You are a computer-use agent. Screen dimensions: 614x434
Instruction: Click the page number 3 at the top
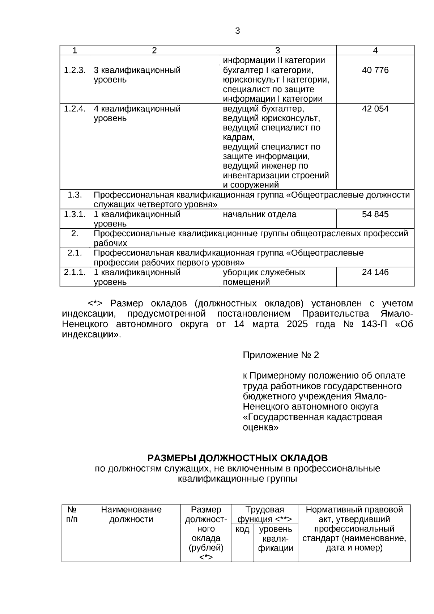point(237,31)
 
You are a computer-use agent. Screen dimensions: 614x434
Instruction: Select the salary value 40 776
point(375,70)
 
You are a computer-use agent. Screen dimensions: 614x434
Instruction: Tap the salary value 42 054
point(375,109)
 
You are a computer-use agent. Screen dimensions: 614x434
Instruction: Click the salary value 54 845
point(375,214)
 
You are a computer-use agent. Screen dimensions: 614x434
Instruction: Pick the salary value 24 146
point(375,272)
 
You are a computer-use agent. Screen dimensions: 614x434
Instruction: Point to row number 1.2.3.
point(75,70)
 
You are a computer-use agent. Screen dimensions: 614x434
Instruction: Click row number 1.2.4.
point(75,109)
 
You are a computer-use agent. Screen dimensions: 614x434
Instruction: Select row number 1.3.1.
point(75,214)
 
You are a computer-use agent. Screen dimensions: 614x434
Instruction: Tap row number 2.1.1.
point(75,272)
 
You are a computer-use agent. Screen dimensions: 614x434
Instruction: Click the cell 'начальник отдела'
point(259,214)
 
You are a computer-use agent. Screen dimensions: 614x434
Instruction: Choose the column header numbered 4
point(375,51)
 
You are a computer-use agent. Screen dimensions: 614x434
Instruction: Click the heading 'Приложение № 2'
point(281,355)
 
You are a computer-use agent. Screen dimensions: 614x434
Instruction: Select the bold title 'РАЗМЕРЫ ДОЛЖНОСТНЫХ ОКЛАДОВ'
point(237,458)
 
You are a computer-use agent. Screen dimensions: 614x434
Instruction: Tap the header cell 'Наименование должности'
point(131,515)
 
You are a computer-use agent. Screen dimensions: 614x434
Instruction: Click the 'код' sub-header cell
point(242,530)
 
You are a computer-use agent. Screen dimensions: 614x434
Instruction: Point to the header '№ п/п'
point(72,515)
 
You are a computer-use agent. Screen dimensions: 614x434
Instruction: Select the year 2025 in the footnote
point(297,324)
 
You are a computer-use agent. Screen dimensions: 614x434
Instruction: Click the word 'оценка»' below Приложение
point(260,427)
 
